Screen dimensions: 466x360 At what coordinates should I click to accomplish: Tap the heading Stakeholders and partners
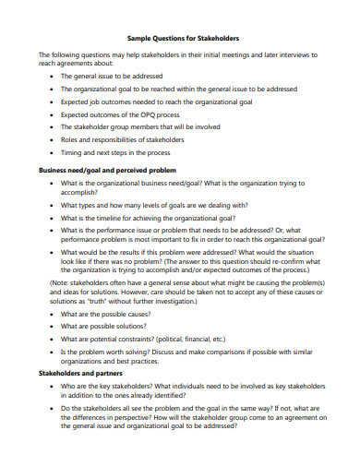(x=80, y=373)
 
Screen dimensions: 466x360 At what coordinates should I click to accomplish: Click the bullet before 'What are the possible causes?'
(x=51, y=314)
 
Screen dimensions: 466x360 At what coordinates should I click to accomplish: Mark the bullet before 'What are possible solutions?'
(x=51, y=327)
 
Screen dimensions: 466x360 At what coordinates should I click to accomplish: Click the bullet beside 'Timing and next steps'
(x=51, y=152)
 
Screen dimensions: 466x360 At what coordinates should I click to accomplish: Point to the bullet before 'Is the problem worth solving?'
(x=51, y=352)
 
